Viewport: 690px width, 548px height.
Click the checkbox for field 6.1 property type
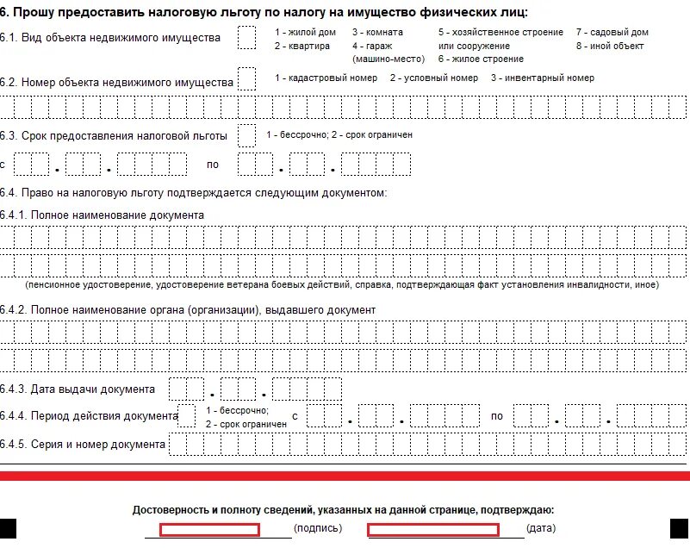click(x=246, y=38)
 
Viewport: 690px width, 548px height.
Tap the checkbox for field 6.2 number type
click(x=246, y=79)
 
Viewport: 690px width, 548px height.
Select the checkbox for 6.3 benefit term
click(x=246, y=135)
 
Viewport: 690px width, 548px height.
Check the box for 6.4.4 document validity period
click(x=186, y=416)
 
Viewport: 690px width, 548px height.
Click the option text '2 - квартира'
click(x=301, y=46)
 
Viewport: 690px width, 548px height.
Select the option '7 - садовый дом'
click(x=612, y=32)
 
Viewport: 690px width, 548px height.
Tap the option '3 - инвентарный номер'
click(x=543, y=78)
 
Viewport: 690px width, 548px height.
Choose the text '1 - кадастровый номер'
click(x=326, y=78)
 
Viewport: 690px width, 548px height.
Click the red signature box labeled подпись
click(x=209, y=529)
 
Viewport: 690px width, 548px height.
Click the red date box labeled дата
click(x=433, y=529)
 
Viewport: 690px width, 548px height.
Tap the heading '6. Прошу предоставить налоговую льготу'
click(x=264, y=11)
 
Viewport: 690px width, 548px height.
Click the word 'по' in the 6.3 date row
click(x=213, y=164)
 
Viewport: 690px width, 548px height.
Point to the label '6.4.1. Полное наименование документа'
click(x=103, y=215)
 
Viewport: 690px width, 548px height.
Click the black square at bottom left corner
click(x=8, y=528)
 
